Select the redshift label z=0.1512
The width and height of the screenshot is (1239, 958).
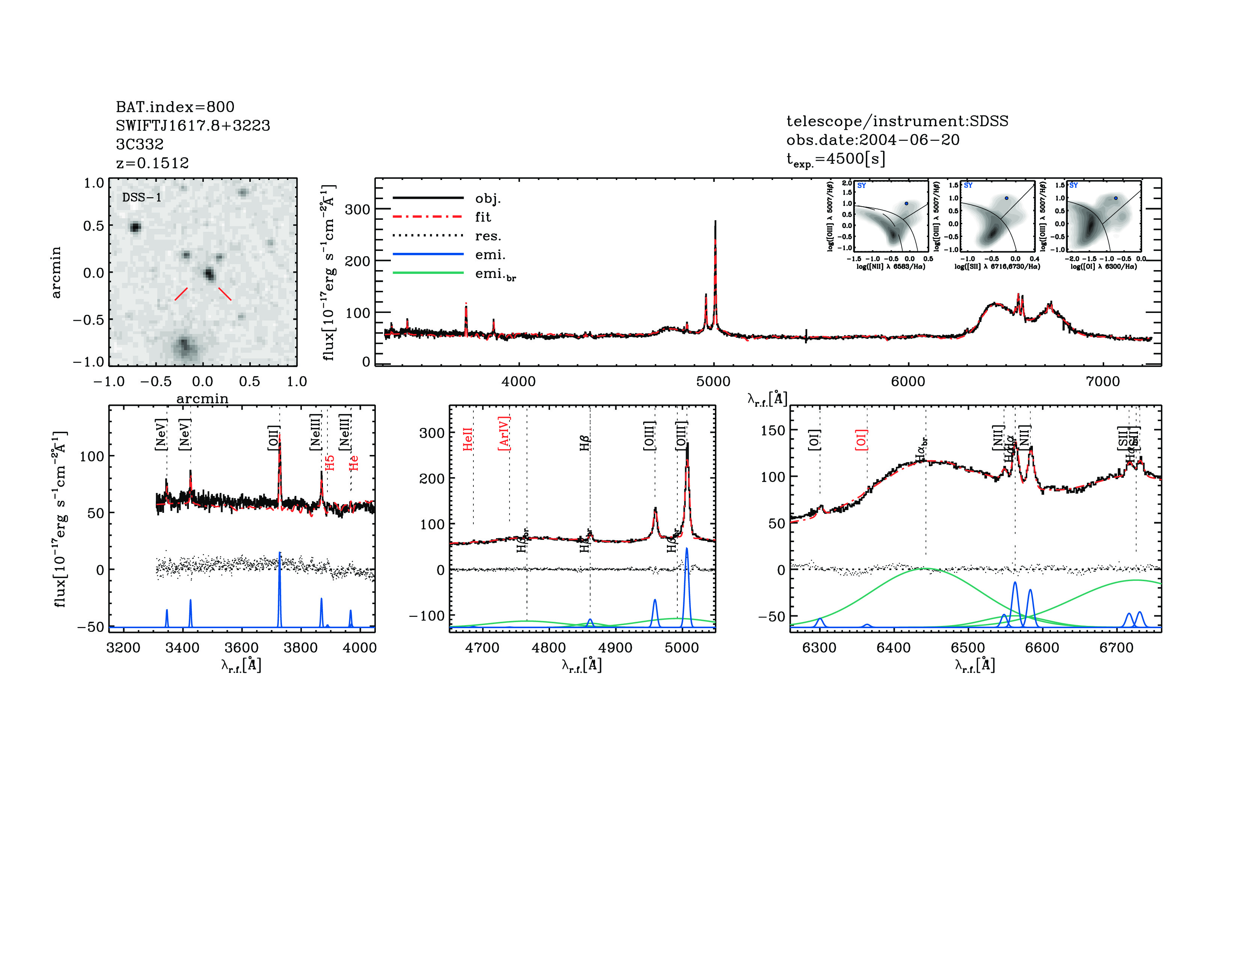pyautogui.click(x=152, y=163)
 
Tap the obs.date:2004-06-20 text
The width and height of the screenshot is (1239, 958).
pyautogui.click(x=873, y=140)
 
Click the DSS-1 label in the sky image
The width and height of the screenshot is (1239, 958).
pyautogui.click(x=142, y=198)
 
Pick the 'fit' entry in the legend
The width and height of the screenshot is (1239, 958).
pyautogui.click(x=483, y=217)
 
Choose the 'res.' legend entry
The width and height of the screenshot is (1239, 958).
pyautogui.click(x=488, y=236)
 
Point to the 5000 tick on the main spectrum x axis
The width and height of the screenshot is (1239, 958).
pyautogui.click(x=713, y=381)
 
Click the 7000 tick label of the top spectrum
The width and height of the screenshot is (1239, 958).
pyautogui.click(x=1102, y=381)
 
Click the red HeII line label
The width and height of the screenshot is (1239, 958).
pyautogui.click(x=467, y=439)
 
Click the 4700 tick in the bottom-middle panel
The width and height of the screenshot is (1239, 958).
pyautogui.click(x=482, y=648)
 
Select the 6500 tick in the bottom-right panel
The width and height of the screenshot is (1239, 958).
pyautogui.click(x=968, y=648)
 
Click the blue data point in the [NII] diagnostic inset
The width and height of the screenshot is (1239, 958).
pyautogui.click(x=906, y=203)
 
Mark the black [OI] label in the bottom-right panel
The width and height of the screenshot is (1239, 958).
pyautogui.click(x=814, y=440)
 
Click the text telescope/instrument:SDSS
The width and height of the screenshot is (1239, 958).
pyautogui.click(x=897, y=121)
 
